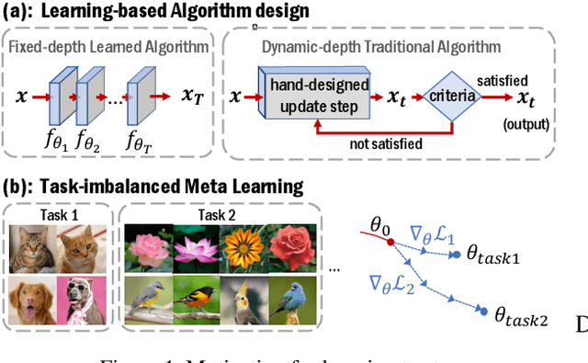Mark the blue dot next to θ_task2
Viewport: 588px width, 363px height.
[x=484, y=312]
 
